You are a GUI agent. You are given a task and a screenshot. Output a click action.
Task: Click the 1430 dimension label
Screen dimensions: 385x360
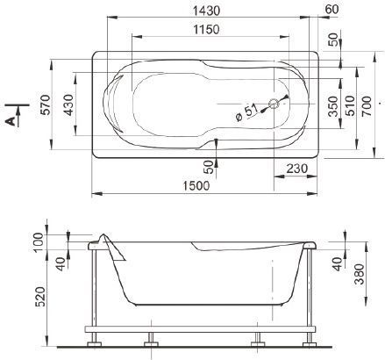click(206, 11)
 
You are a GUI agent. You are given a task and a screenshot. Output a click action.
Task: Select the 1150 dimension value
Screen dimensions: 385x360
click(206, 30)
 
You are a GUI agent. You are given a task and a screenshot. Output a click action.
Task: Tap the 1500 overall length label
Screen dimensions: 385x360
click(196, 185)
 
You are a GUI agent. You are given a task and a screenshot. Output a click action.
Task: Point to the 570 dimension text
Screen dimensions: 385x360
click(46, 104)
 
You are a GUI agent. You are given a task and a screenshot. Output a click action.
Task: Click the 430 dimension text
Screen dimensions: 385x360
click(68, 104)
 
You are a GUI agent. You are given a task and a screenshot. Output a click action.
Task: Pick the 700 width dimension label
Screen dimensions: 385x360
click(367, 105)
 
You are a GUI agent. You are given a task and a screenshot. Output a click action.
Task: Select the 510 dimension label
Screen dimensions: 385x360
click(350, 105)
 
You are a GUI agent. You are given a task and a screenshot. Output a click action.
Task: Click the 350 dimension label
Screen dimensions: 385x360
click(333, 106)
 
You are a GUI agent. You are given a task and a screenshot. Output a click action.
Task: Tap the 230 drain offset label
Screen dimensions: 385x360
click(297, 169)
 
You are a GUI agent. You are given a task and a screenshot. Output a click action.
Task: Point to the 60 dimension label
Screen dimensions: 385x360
click(332, 10)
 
